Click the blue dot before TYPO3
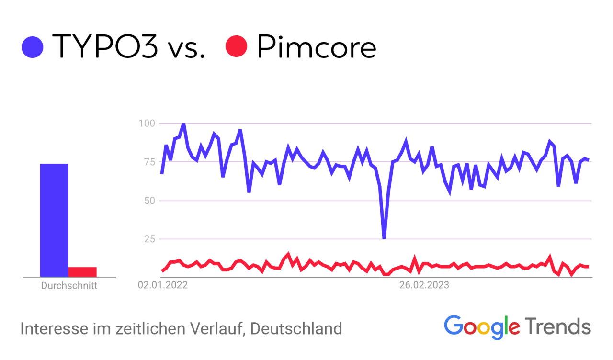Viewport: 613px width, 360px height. (33, 47)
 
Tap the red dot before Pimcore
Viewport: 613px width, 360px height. (236, 47)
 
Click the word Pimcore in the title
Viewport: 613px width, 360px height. (316, 47)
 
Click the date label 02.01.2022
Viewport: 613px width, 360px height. (163, 286)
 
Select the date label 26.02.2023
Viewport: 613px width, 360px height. (424, 286)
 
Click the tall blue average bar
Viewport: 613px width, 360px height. (54, 220)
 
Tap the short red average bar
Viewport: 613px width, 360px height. (82, 272)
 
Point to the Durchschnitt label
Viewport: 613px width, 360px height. (69, 286)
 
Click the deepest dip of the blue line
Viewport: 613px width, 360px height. (384, 237)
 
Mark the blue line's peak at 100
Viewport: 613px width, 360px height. (183, 124)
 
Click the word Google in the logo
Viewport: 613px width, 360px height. (482, 326)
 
